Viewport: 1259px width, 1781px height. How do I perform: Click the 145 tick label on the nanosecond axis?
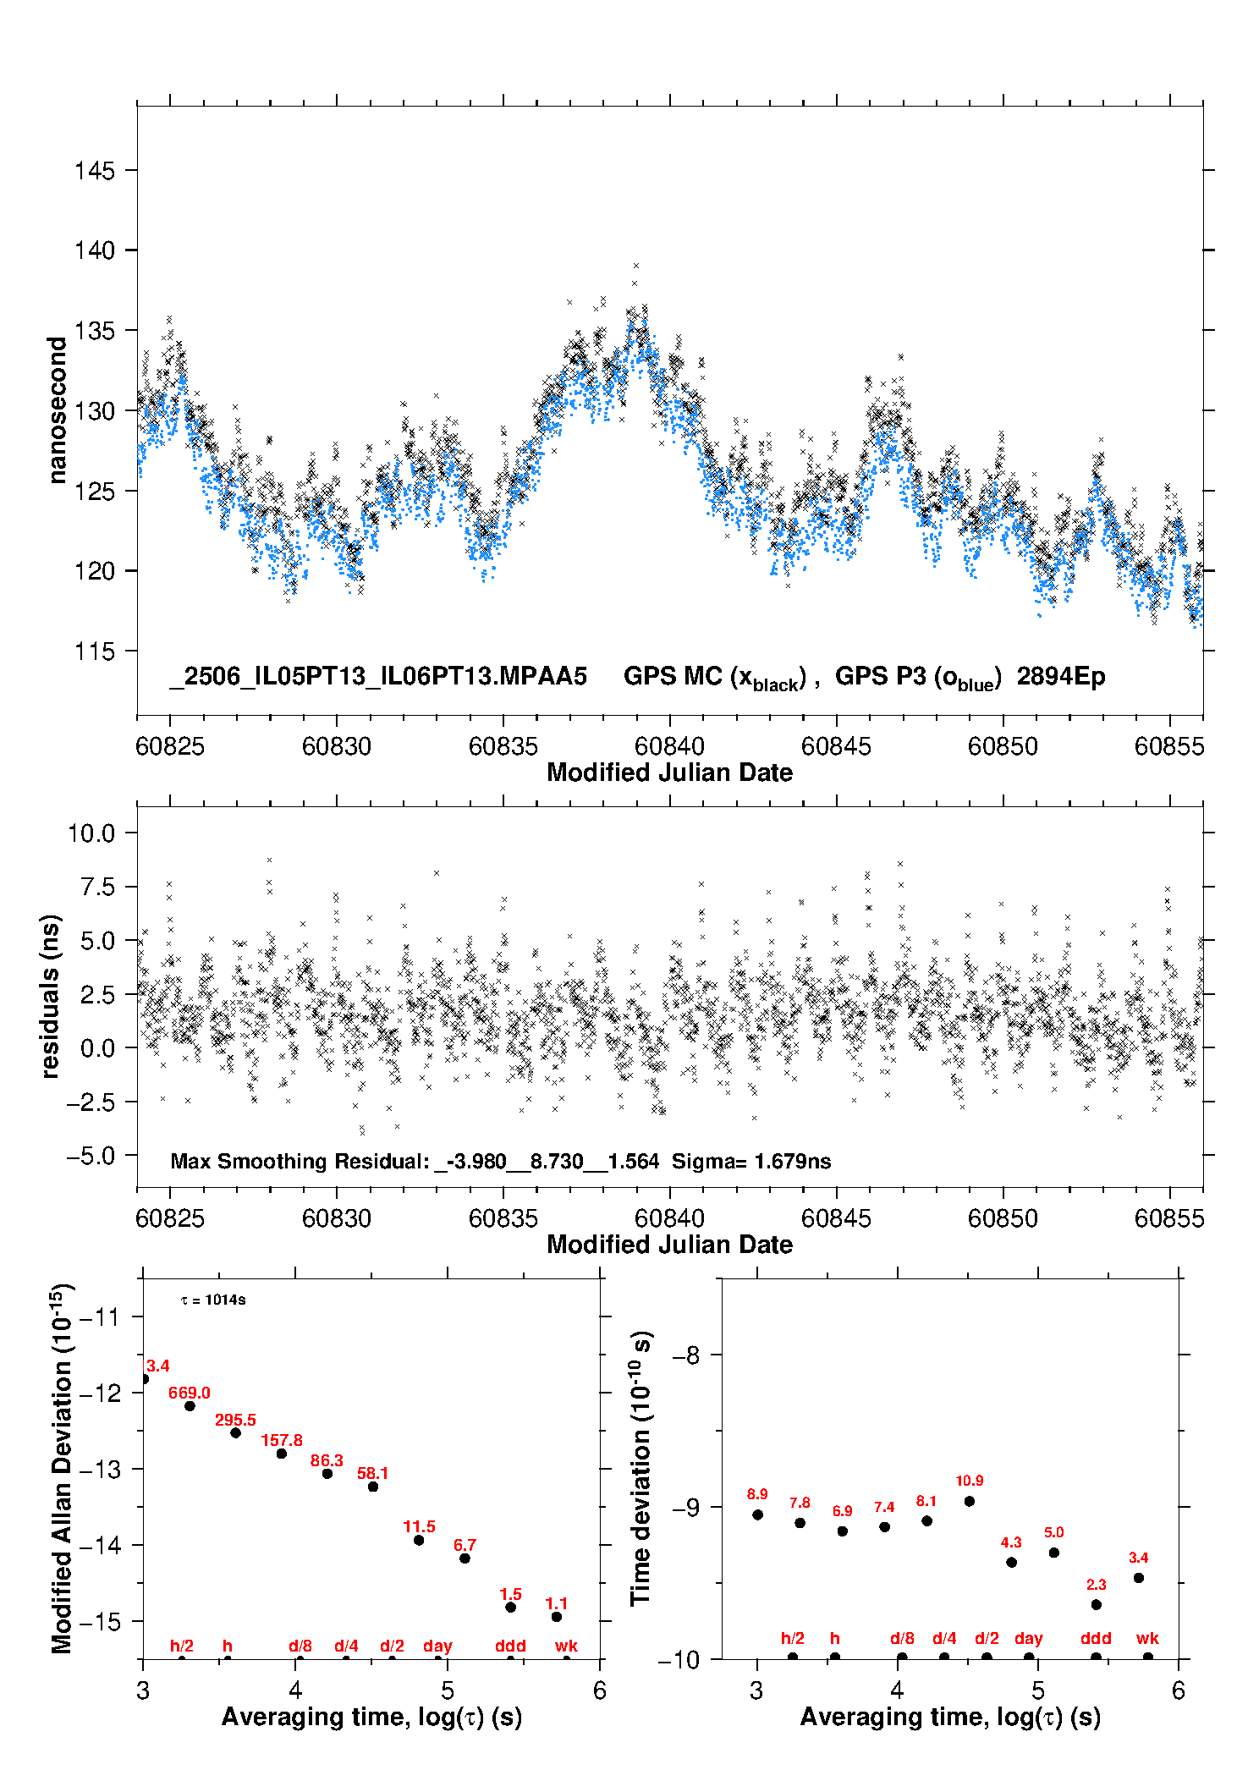click(94, 171)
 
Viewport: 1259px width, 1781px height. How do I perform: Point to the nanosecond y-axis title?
click(57, 410)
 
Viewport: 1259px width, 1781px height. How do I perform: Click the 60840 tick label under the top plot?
click(669, 746)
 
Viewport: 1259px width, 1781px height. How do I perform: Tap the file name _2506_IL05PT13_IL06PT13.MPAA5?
click(378, 677)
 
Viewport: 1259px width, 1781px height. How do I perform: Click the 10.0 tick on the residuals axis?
click(91, 833)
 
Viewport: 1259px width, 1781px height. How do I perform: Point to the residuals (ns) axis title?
click(50, 996)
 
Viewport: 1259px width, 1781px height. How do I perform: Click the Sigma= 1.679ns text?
click(751, 1161)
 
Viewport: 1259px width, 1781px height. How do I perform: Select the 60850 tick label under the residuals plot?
click(1003, 1218)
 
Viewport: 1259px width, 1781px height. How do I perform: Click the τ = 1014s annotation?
click(213, 1300)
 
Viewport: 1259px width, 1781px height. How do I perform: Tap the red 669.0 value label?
click(190, 1393)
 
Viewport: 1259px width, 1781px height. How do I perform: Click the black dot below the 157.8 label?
click(282, 1454)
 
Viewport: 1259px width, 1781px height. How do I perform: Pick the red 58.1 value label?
click(373, 1473)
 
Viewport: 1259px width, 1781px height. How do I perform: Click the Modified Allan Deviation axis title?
click(62, 1469)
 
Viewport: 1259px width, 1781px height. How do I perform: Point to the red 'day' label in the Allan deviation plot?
click(437, 1646)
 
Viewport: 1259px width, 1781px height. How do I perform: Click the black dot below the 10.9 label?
click(970, 1501)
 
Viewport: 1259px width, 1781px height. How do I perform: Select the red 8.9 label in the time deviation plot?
click(757, 1494)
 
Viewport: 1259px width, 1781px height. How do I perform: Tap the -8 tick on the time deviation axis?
click(686, 1355)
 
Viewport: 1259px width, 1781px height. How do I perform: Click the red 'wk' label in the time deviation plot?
click(1147, 1639)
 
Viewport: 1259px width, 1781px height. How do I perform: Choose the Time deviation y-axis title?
click(640, 1469)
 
